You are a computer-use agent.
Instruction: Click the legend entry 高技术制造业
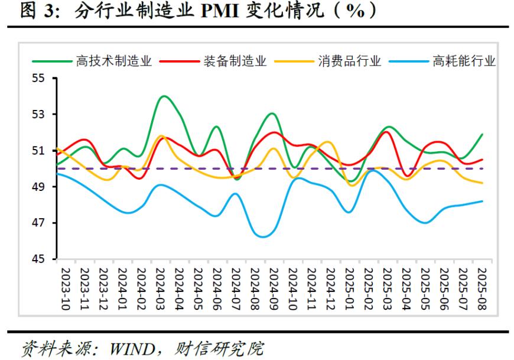click(x=114, y=61)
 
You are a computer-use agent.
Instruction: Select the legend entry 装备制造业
click(x=235, y=61)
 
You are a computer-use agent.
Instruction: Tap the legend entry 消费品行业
click(x=350, y=61)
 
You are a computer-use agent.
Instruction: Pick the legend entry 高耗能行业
click(x=464, y=61)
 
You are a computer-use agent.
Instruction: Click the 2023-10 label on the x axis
click(x=65, y=288)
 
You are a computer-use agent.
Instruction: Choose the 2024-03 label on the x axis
click(x=160, y=288)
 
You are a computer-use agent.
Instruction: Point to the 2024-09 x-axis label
click(x=274, y=288)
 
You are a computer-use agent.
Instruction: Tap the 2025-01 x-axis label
click(x=350, y=288)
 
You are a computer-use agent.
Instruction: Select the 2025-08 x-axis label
click(x=483, y=288)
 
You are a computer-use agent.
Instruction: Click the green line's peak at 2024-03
click(x=164, y=96)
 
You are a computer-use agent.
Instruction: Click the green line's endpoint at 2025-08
click(x=483, y=134)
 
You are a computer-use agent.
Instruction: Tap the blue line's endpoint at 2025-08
click(x=483, y=201)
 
